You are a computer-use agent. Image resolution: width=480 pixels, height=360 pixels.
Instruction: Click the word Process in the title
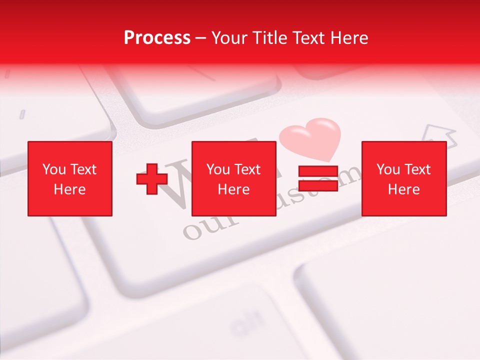click(x=157, y=38)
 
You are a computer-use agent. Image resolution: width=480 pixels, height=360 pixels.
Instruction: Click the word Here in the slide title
click(x=349, y=38)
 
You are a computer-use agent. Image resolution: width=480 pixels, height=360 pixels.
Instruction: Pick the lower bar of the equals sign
click(x=318, y=185)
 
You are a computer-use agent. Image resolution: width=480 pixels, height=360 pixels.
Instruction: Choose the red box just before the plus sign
click(x=69, y=178)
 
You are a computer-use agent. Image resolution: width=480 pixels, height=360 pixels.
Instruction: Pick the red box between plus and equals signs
click(x=233, y=178)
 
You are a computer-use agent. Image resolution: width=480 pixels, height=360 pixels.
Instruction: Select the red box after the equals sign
click(x=403, y=178)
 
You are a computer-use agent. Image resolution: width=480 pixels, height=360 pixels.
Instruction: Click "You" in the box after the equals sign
click(x=388, y=169)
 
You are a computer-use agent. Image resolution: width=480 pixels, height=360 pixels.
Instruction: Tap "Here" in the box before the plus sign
click(x=69, y=189)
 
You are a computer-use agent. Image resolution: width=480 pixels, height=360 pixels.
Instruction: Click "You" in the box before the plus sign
click(x=54, y=169)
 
